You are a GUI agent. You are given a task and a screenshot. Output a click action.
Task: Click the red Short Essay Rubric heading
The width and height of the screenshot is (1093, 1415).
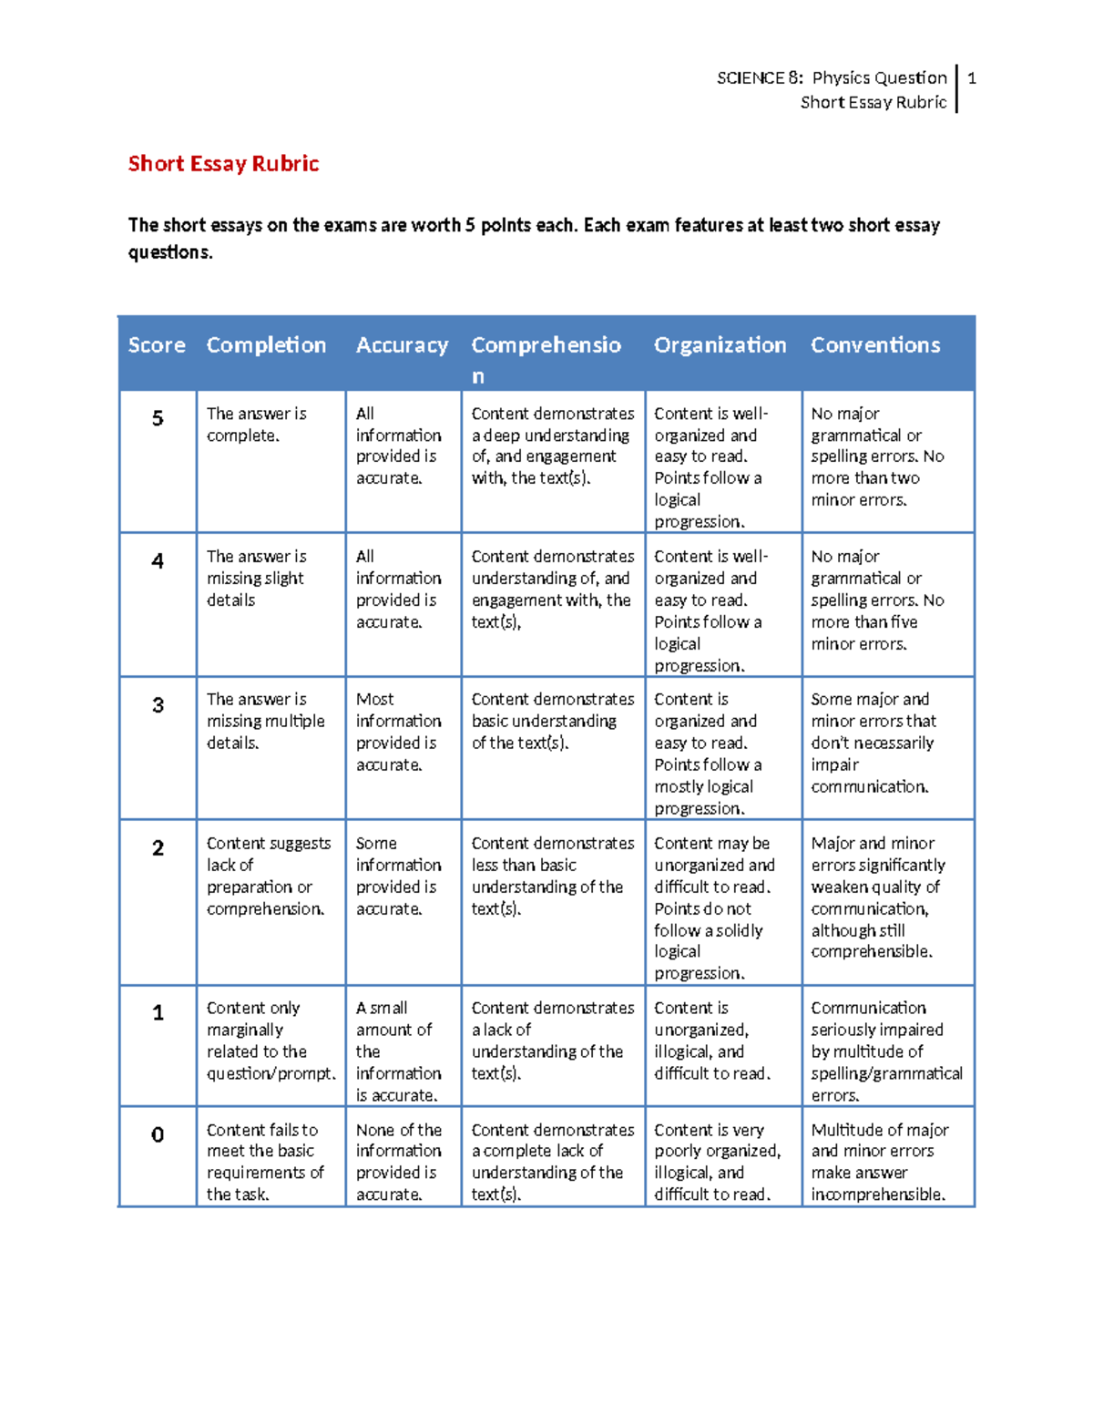(x=223, y=164)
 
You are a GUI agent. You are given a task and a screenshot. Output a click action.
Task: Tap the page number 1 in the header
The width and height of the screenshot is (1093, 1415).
(x=972, y=78)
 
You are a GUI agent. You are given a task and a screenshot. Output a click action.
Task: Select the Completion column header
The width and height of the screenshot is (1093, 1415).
(x=266, y=345)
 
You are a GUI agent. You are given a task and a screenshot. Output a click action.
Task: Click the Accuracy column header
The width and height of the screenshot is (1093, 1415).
(x=402, y=345)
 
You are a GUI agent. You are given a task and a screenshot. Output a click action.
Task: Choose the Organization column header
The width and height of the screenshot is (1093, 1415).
(x=720, y=345)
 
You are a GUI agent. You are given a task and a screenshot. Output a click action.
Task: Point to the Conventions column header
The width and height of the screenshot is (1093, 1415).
(x=875, y=345)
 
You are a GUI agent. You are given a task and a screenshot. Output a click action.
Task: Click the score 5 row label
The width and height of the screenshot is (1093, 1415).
(x=158, y=418)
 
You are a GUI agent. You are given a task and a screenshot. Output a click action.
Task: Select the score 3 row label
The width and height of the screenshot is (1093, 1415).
(x=158, y=705)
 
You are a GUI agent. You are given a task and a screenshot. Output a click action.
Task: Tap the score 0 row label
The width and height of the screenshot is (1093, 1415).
(x=158, y=1135)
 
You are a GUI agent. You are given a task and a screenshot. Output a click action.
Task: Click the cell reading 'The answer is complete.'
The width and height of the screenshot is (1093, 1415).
(x=256, y=425)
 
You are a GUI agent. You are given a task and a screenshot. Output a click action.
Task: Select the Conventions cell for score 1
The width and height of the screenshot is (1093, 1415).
(x=886, y=1051)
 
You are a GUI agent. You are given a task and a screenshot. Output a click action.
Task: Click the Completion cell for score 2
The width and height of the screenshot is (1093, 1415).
(x=268, y=876)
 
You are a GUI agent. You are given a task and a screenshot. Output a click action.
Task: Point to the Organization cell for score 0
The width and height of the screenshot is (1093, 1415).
(x=717, y=1162)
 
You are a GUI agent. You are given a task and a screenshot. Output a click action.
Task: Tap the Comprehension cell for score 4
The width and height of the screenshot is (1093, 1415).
(x=552, y=589)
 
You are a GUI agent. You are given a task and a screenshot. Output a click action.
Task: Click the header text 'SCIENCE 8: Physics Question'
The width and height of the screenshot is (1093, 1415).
(x=832, y=78)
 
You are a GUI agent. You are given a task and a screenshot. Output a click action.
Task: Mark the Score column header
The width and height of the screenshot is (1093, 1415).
(x=157, y=345)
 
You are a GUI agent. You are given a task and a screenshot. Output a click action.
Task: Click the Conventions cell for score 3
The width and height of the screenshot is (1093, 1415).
(x=873, y=743)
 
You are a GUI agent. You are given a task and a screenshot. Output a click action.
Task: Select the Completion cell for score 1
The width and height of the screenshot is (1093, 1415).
(x=270, y=1041)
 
